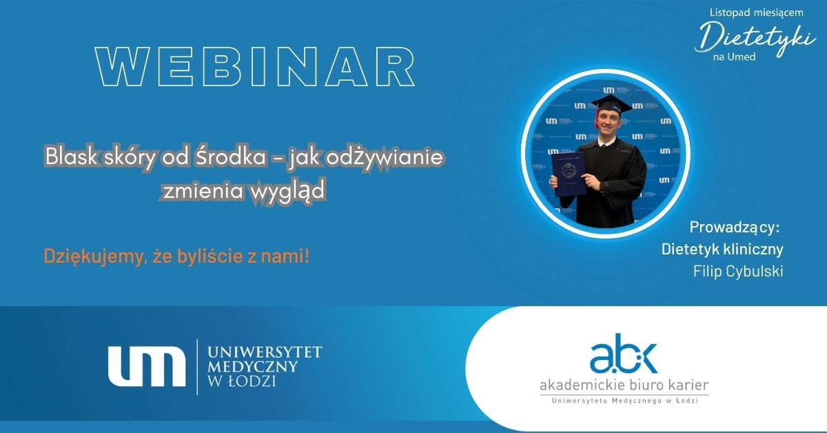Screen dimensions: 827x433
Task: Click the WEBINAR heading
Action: coord(255,66)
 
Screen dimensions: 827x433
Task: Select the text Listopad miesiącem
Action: coord(757,12)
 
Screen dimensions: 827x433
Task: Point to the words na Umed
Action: coord(734,57)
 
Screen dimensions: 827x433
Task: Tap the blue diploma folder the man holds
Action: coord(568,174)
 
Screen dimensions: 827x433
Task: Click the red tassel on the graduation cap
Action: coord(597,117)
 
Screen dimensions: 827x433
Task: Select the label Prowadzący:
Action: coord(735,228)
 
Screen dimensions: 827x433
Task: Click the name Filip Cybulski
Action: coord(738,271)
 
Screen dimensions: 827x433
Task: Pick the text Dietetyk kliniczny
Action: coord(722,250)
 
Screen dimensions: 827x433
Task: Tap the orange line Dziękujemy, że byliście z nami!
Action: coord(176,256)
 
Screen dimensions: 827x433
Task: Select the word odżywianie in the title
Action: coord(385,157)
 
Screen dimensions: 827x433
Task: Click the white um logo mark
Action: coord(147,366)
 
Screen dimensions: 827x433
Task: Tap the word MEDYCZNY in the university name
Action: coord(252,367)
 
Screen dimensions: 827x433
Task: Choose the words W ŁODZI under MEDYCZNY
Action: coord(242,381)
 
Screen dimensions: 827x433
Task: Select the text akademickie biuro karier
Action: coord(624,385)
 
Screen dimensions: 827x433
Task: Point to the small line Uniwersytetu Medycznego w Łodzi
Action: coord(624,401)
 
